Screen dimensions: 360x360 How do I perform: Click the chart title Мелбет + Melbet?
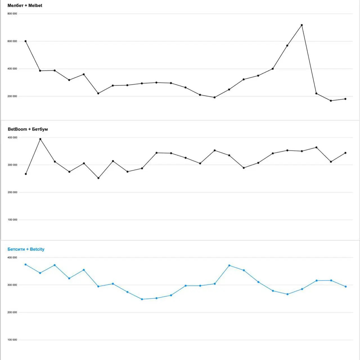tap(25, 6)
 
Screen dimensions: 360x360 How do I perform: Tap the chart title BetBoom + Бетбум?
tap(28, 129)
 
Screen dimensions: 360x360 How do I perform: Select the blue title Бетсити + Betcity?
tap(26, 249)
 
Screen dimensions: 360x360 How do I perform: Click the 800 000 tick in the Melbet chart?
tap(12, 14)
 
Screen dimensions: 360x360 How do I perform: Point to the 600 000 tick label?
tap(12, 41)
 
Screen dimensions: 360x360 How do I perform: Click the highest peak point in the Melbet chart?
tap(302, 25)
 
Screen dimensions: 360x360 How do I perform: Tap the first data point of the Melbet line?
tap(26, 41)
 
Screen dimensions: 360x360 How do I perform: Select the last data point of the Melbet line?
tap(345, 99)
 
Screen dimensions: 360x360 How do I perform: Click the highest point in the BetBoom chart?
tap(40, 139)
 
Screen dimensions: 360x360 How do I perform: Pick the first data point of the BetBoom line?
tap(26, 174)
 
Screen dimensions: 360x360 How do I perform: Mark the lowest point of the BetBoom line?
tap(98, 178)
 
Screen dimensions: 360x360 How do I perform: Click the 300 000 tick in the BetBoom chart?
tap(12, 165)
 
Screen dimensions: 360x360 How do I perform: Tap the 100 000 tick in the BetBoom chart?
tap(12, 220)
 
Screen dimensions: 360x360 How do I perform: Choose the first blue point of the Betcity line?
tap(26, 265)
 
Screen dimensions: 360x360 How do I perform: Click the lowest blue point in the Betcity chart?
tap(142, 299)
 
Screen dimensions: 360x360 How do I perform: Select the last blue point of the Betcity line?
tap(346, 287)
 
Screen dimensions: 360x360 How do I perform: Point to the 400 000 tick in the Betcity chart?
tap(12, 258)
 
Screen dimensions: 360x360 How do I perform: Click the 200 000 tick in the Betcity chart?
tap(12, 312)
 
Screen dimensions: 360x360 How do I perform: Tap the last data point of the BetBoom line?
tap(345, 153)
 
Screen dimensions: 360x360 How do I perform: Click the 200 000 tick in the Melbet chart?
tap(12, 96)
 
